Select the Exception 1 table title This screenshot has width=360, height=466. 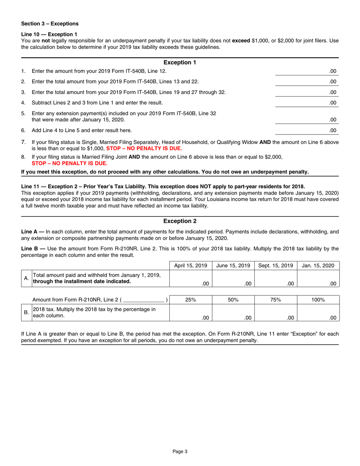point(180,63)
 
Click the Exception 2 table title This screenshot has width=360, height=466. point(180,221)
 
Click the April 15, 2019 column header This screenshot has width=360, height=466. point(191,266)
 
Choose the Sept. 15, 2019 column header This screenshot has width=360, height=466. point(276,266)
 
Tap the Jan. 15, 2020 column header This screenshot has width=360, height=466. point(318,266)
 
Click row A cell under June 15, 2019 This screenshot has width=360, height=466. point(233,279)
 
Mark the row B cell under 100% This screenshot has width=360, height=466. point(318,313)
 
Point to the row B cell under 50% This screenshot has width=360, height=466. point(233,313)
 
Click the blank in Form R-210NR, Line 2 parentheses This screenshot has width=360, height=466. point(144,300)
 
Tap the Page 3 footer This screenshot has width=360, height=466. point(180,451)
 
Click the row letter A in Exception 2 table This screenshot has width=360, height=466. point(26,278)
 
